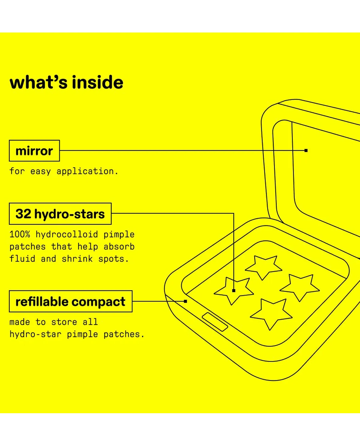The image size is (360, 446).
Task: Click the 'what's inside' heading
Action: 66,83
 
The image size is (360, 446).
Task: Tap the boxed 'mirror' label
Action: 34,151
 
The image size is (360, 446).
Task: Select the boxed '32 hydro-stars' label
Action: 60,214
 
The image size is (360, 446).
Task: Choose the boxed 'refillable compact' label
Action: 70,302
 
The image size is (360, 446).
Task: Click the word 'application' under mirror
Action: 85,171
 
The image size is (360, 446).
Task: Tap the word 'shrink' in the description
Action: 77,259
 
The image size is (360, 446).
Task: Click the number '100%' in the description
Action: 19,234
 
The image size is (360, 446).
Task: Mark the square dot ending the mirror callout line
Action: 306,150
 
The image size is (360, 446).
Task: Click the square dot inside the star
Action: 234,290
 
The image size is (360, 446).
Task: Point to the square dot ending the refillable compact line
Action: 185,301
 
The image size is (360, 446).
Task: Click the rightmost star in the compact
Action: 300,286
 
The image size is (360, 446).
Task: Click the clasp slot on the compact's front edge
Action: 215,322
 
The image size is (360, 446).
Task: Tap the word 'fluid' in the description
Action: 22,259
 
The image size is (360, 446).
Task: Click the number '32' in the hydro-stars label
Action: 23,214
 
